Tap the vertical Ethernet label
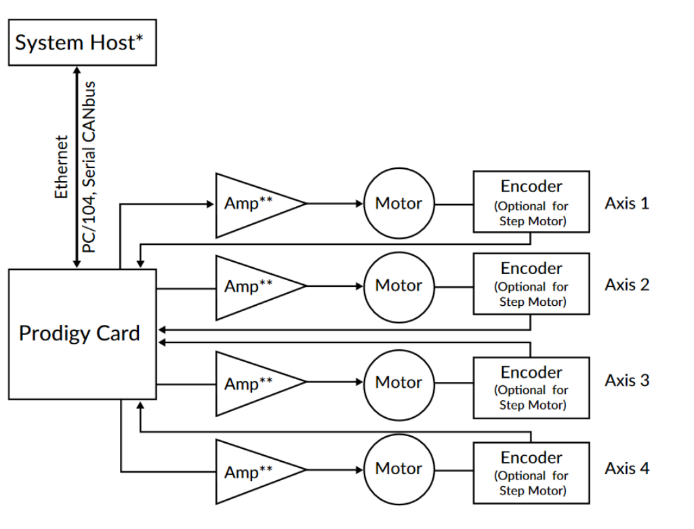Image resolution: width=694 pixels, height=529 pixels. (62, 167)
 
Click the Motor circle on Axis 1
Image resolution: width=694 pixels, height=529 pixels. (399, 203)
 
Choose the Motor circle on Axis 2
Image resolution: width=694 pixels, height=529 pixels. (399, 286)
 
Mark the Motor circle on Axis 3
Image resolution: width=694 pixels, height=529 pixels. (399, 383)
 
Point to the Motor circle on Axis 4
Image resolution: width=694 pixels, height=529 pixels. (399, 469)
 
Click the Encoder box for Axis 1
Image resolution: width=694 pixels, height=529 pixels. (531, 202)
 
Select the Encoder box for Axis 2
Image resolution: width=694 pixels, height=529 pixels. (531, 284)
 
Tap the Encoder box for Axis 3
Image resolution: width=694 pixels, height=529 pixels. (531, 387)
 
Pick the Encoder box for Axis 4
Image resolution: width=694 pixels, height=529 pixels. (531, 473)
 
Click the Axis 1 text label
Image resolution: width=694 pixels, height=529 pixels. (627, 203)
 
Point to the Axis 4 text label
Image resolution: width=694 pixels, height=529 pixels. (627, 468)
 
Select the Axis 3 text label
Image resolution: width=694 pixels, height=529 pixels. (627, 380)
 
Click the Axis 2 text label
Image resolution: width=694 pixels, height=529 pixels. (627, 284)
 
